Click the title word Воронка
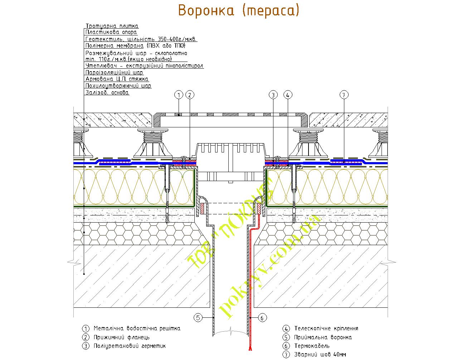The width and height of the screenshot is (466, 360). (x=205, y=11)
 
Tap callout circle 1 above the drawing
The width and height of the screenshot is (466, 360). (x=179, y=95)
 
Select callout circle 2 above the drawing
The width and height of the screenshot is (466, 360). (x=190, y=95)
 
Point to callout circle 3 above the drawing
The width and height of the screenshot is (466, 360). (x=273, y=95)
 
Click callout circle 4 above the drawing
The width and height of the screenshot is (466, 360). (x=288, y=95)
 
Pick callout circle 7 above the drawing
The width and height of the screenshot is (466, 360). (x=344, y=95)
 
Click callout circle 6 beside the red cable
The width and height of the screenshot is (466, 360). (x=262, y=317)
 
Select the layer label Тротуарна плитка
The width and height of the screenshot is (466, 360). (x=112, y=26)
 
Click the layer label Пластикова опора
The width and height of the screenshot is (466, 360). (x=111, y=32)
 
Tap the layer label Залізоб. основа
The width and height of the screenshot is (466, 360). (x=107, y=93)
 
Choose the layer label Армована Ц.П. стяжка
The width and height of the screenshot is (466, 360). (x=117, y=79)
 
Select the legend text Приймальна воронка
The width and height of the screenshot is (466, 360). (x=323, y=337)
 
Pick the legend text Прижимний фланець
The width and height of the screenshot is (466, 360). (x=121, y=337)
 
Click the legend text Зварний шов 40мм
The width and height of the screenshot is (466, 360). (x=320, y=355)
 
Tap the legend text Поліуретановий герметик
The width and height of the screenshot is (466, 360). (x=130, y=346)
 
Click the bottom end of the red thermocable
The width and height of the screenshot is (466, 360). (x=248, y=350)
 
